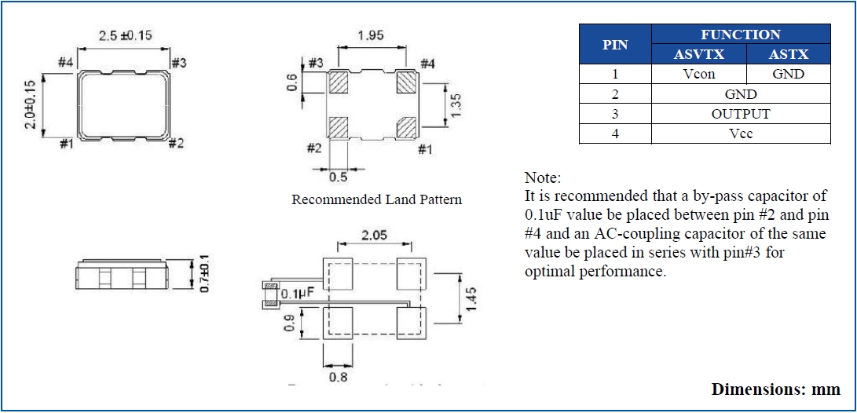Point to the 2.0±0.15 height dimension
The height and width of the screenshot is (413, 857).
click(30, 104)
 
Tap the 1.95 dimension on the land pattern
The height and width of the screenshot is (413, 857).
click(371, 35)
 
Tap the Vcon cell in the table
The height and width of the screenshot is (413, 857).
click(698, 75)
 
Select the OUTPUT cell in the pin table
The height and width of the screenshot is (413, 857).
click(740, 114)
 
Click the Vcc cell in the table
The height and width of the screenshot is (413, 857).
click(740, 133)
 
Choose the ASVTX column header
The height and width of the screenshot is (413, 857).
click(698, 54)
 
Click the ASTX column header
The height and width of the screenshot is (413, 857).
click(788, 54)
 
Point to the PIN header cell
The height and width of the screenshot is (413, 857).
click(615, 45)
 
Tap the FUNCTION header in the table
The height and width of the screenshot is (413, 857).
click(740, 35)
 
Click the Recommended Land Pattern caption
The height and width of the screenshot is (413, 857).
click(376, 199)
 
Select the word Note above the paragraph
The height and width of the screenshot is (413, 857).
click(542, 177)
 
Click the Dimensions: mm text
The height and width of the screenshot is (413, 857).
click(775, 389)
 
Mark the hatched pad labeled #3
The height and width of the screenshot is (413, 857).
click(339, 82)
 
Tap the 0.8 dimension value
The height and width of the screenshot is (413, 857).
click(338, 377)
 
